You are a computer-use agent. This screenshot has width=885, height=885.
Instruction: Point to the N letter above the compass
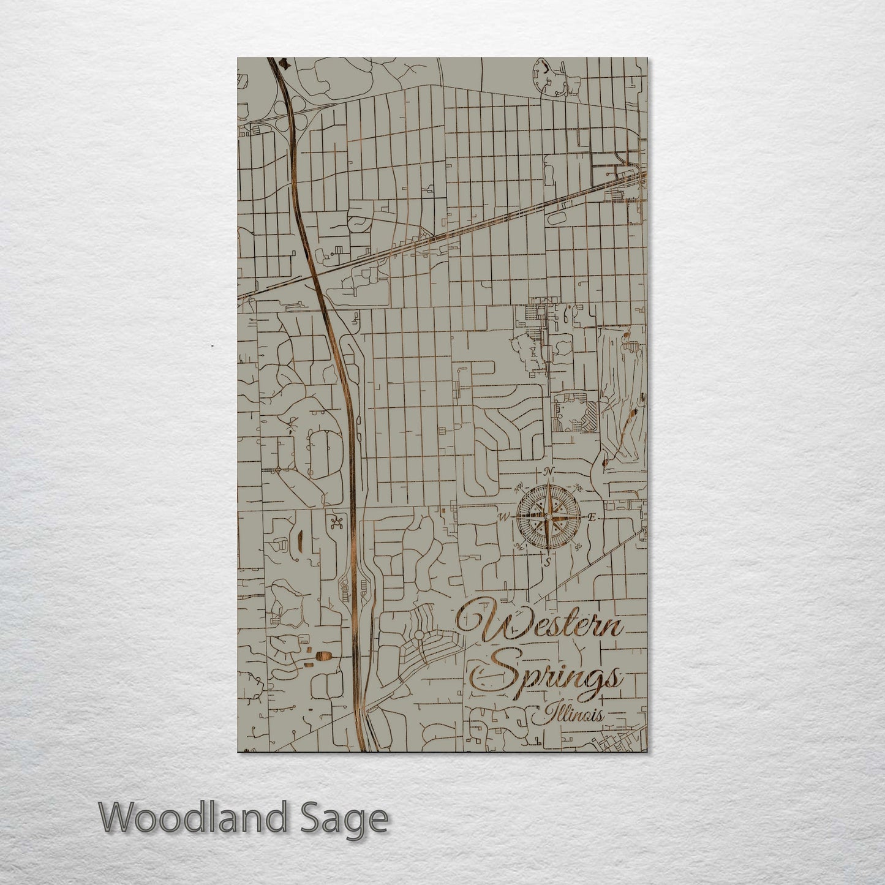(549, 471)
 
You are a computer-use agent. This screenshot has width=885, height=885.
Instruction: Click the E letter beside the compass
(592, 518)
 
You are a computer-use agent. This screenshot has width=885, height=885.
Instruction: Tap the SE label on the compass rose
(578, 546)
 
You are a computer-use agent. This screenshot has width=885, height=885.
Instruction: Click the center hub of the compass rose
(549, 518)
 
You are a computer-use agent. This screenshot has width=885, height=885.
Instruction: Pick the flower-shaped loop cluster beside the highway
(334, 521)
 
